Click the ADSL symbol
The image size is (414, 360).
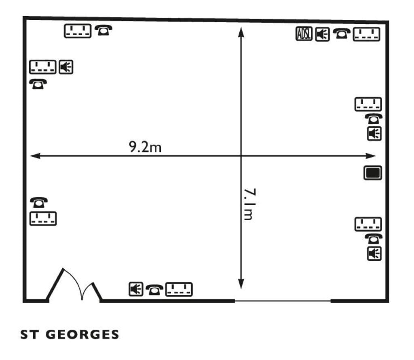304,34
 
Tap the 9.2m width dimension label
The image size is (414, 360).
145,147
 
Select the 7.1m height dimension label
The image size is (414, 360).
248,204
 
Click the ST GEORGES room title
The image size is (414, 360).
70,335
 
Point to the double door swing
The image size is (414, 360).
74,285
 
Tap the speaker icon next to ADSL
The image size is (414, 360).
322,34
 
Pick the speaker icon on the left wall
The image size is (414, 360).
66,67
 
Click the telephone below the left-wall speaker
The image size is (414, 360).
38,84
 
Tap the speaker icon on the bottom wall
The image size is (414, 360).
136,289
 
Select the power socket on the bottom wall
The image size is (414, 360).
179,289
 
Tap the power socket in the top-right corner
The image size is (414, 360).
367,34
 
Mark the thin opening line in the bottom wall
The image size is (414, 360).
283,301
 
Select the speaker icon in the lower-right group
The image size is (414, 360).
374,254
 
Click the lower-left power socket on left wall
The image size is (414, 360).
43,218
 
